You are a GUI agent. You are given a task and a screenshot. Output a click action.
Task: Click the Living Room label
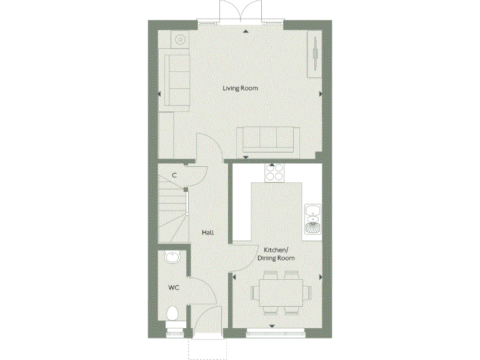point(240,88)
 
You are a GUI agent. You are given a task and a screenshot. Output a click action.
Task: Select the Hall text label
point(207,232)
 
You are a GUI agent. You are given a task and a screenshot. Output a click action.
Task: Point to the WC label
point(174,288)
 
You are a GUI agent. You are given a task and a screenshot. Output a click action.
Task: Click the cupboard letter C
point(174,176)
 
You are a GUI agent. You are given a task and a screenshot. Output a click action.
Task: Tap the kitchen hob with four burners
point(274,171)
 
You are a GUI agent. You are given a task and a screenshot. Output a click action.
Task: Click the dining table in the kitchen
point(280,292)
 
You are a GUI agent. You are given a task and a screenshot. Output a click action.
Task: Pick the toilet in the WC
point(173,314)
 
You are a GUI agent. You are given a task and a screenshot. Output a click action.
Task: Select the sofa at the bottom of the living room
point(267,139)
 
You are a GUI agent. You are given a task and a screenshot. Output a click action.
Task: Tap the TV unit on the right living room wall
point(315,54)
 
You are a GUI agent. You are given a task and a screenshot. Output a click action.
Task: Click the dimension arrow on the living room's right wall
point(321,94)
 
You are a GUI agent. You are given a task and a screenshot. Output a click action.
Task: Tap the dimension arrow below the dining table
point(272,326)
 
